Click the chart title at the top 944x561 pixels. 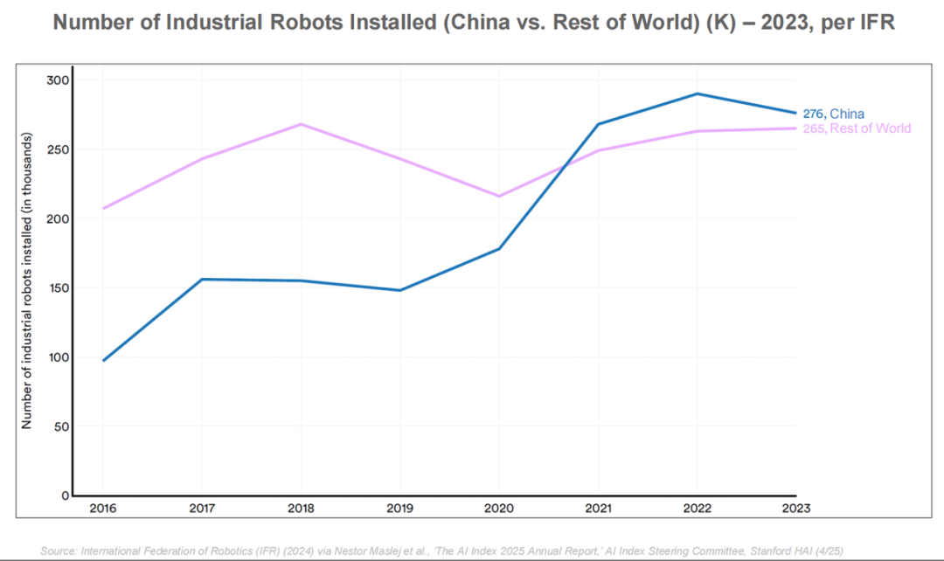pos(472,23)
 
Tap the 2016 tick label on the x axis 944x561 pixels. pos(103,508)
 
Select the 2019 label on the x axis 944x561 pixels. pos(400,508)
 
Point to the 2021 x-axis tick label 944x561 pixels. pos(598,508)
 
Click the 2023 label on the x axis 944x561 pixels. pos(796,508)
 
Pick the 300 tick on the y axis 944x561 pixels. pos(58,80)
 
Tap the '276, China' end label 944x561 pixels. pos(833,114)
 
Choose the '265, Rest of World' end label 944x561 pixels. pos(857,128)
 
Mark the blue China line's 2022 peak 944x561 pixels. pos(697,93)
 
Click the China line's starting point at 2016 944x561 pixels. pos(103,360)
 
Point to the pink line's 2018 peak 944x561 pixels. pos(301,124)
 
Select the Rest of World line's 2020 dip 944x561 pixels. pos(499,196)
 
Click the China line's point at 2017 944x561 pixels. pos(202,279)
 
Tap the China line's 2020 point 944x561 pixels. pos(499,249)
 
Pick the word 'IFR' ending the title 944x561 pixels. pos(874,23)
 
